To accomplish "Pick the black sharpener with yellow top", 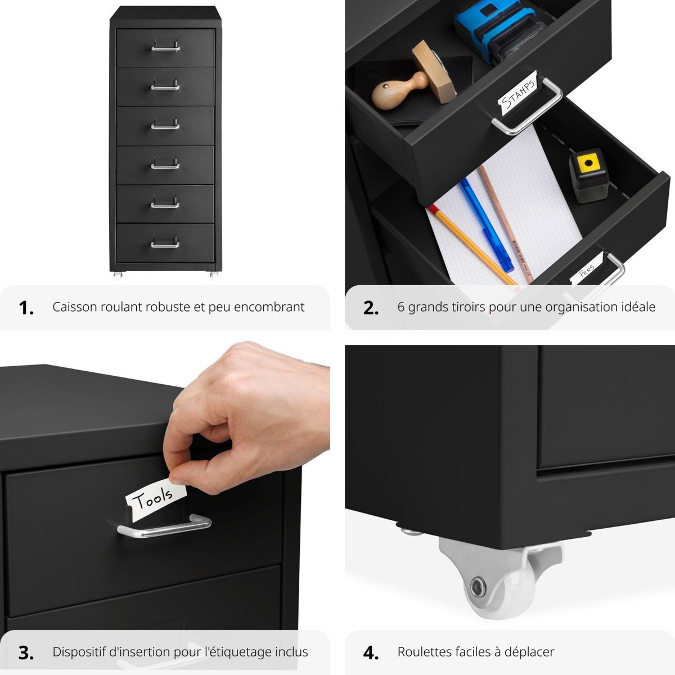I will [587, 174].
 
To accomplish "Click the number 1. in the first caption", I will [26, 308].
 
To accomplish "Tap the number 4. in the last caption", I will [371, 652].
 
